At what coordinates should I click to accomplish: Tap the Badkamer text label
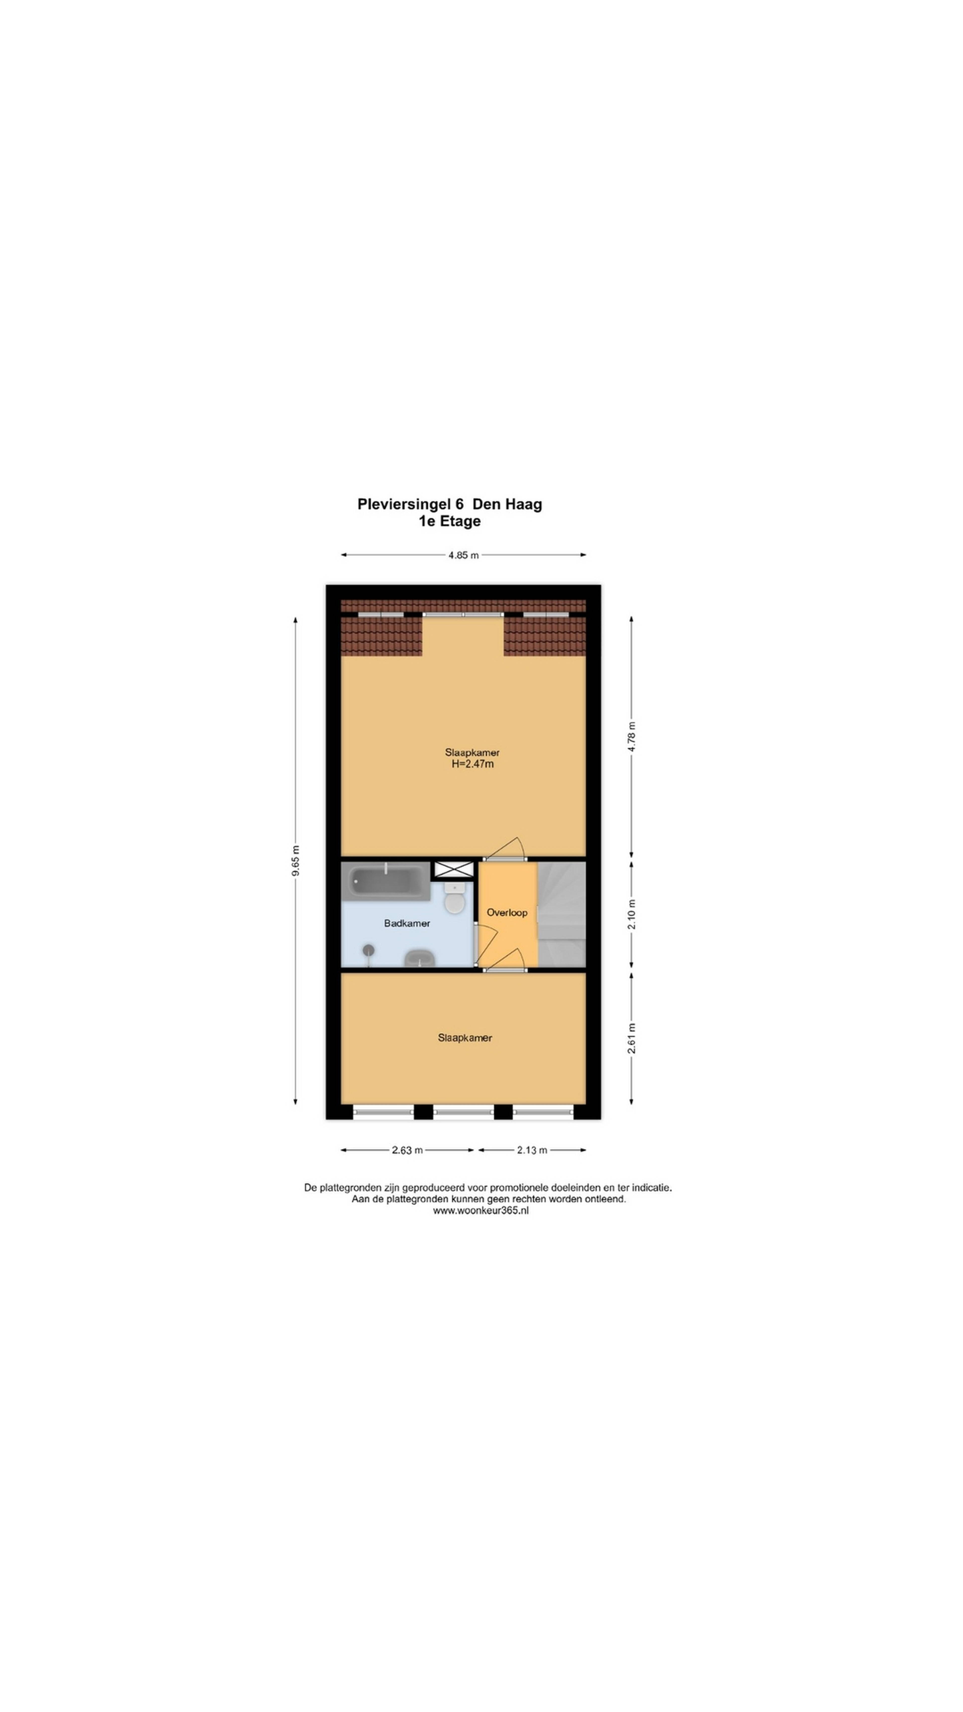(x=407, y=923)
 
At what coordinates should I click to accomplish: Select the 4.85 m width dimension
(x=463, y=555)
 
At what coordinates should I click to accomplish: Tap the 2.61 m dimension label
(x=631, y=1038)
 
